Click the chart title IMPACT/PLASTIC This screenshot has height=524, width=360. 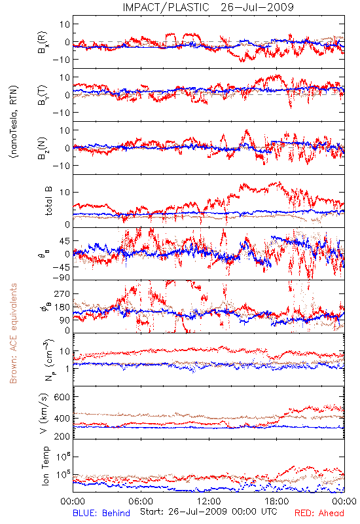(x=166, y=7)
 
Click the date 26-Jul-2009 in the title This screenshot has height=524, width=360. (x=257, y=7)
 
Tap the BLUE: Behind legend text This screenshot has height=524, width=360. (x=101, y=513)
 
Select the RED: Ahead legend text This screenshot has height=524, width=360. (x=319, y=513)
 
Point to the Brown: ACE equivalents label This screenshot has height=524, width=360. (x=12, y=333)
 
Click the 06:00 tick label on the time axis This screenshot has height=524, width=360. (x=141, y=501)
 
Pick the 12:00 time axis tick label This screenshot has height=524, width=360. (x=209, y=501)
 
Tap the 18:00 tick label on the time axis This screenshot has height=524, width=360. (x=277, y=501)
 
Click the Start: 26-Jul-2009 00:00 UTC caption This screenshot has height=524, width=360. (x=208, y=512)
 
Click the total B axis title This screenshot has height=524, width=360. (x=48, y=201)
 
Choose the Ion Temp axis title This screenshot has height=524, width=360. (x=45, y=466)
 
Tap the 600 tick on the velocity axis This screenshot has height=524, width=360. (x=62, y=397)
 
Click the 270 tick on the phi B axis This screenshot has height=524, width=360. (x=62, y=293)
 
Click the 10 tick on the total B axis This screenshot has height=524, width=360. (x=65, y=192)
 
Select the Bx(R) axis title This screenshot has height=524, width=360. (x=43, y=42)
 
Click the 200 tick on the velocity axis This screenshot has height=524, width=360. (x=62, y=436)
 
